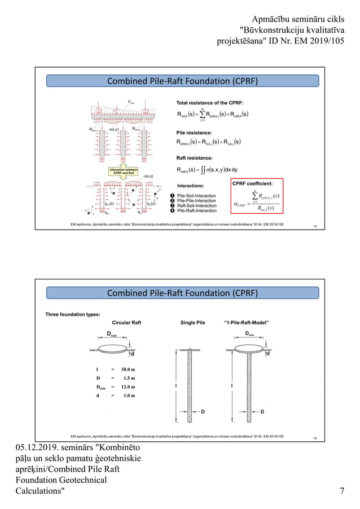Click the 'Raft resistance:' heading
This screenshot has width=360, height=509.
pyautogui.click(x=195, y=158)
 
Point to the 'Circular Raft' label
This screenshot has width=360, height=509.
pyautogui.click(x=130, y=323)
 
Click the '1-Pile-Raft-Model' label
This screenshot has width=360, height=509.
pyautogui.click(x=246, y=323)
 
